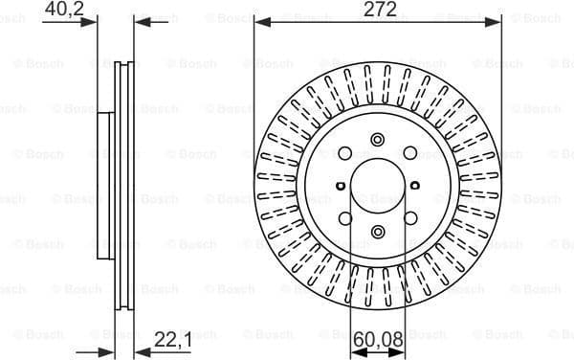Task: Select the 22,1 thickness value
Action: (x=172, y=337)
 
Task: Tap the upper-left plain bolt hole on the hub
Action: (x=345, y=152)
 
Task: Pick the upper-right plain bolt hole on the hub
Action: (x=408, y=152)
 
